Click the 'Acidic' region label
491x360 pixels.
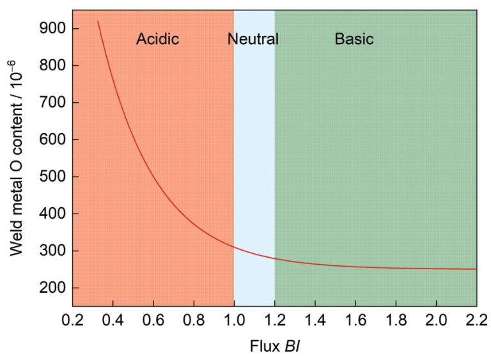click(157, 39)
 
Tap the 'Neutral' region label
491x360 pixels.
click(253, 39)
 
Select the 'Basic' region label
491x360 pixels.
click(354, 39)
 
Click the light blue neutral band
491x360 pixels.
click(254, 160)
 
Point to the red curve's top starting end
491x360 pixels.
click(98, 22)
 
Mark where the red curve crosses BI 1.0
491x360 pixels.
click(234, 247)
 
